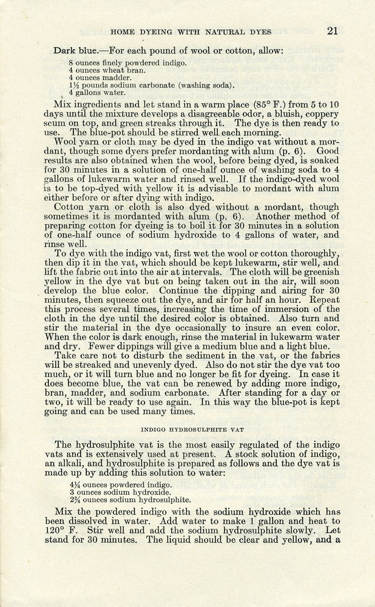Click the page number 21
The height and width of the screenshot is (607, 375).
(333, 31)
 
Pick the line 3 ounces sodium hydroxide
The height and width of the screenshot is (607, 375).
(118, 492)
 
